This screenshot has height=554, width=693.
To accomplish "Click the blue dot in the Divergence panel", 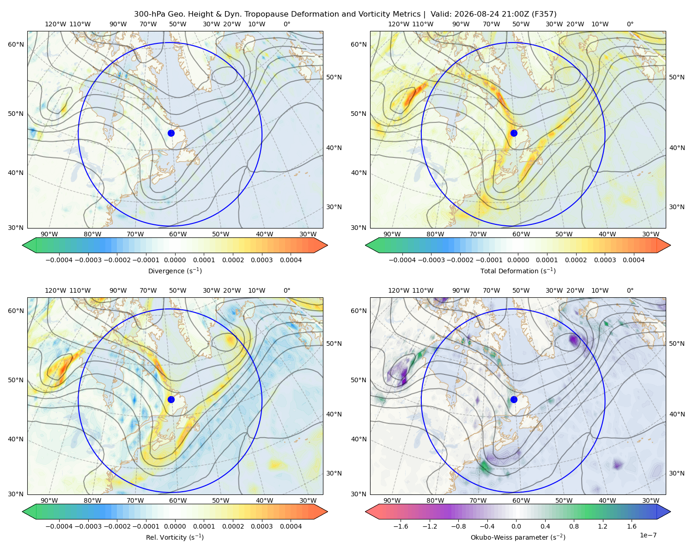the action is pyautogui.click(x=171, y=133).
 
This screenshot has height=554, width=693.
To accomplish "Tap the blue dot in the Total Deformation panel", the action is pyautogui.click(x=514, y=133).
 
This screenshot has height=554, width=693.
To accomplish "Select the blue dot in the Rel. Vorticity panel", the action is pyautogui.click(x=171, y=399).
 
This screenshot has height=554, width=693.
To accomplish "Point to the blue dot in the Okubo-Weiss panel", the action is pyautogui.click(x=514, y=399).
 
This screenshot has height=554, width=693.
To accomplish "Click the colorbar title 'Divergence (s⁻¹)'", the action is pyautogui.click(x=175, y=271).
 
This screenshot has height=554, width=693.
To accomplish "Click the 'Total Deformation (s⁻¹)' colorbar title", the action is pyautogui.click(x=518, y=271).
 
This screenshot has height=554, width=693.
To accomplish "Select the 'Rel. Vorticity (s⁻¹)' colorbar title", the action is pyautogui.click(x=175, y=537).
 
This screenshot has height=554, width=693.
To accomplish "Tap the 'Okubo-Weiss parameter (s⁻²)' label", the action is pyautogui.click(x=518, y=537).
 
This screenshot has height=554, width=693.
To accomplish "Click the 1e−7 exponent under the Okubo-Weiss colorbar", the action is pyautogui.click(x=648, y=536).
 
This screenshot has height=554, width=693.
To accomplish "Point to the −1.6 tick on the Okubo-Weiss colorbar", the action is pyautogui.click(x=401, y=526).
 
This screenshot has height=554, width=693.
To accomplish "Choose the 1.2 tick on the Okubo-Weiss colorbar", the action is pyautogui.click(x=602, y=526).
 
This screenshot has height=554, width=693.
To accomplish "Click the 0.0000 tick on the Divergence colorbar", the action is pyautogui.click(x=175, y=260).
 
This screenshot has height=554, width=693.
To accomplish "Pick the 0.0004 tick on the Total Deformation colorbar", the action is pyautogui.click(x=633, y=260).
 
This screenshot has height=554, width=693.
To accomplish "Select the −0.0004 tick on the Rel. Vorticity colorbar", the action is pyautogui.click(x=59, y=526).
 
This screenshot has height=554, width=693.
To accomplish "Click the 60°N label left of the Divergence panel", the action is pyautogui.click(x=16, y=44).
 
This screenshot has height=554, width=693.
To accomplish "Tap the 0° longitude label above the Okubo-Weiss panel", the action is pyautogui.click(x=630, y=290).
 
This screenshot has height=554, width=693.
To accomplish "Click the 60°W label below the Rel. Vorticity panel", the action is pyautogui.click(x=178, y=500).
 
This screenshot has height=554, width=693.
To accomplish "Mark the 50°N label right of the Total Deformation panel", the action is pyautogui.click(x=676, y=77).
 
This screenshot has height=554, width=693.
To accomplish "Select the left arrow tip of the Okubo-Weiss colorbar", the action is pyautogui.click(x=365, y=512).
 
